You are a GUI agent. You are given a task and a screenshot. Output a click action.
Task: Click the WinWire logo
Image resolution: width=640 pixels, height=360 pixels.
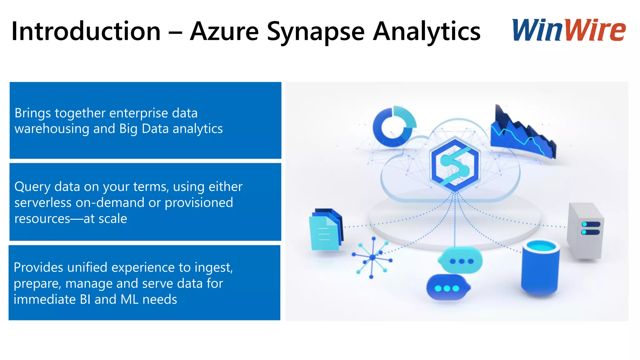pos(568,30)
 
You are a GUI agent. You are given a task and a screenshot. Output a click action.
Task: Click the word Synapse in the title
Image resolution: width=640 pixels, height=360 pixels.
pos(316,32)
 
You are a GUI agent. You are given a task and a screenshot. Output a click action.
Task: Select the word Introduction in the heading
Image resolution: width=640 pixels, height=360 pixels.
pos(86,31)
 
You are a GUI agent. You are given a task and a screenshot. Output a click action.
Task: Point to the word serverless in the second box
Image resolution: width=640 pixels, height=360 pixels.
pos(43,202)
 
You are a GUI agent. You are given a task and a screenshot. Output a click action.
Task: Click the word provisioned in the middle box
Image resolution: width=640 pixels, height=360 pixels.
pos(199,202)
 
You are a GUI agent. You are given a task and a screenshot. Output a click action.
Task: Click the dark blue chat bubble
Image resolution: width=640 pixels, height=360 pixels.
pos(447,287)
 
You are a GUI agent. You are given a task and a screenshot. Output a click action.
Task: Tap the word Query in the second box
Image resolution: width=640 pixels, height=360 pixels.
pos(32,187)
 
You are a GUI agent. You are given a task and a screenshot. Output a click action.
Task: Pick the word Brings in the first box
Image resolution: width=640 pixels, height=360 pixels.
pos(32,113)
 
